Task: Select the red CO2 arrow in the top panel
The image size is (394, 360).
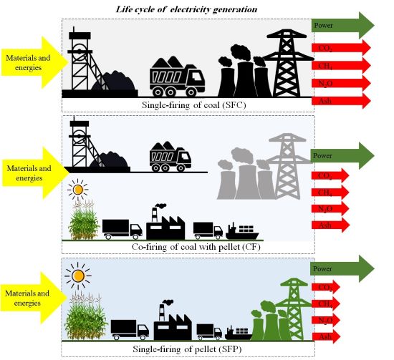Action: (x=341, y=48)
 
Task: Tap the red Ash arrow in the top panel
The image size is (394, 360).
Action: (x=341, y=99)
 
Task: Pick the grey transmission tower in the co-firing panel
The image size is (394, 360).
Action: (x=292, y=164)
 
